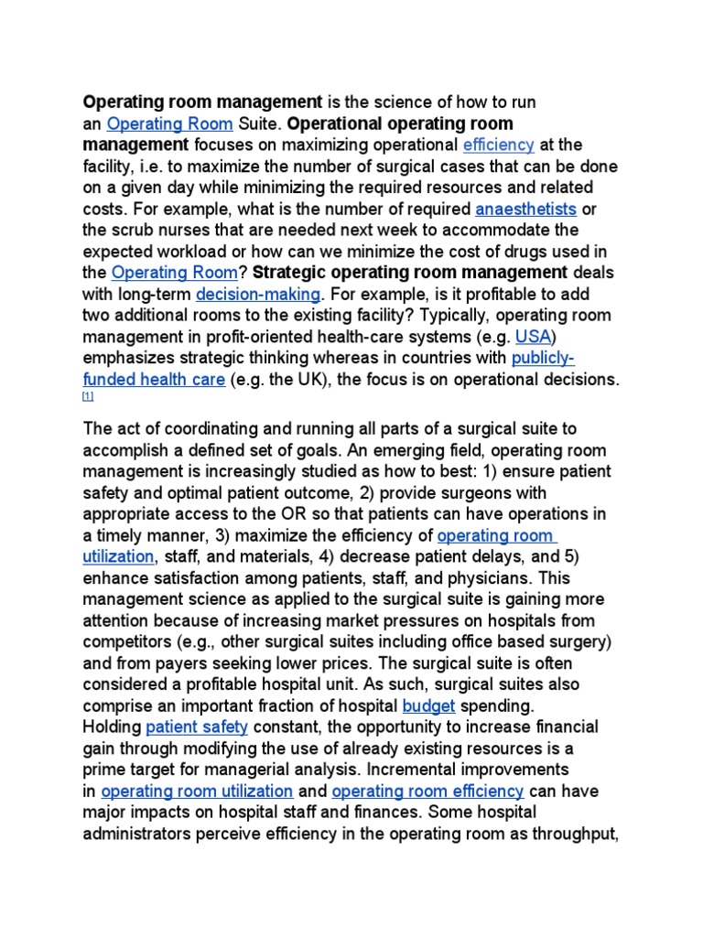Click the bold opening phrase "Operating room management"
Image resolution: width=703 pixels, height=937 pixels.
[x=202, y=102]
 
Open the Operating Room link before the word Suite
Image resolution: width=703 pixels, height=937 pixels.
[x=170, y=124]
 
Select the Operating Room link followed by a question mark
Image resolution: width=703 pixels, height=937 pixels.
[x=174, y=273]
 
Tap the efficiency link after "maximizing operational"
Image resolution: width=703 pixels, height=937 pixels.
[x=498, y=145]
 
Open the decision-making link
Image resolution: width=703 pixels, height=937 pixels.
[x=258, y=294]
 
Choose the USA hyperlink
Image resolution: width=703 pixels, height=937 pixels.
[x=532, y=337]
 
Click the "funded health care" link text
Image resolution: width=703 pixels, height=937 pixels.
[x=154, y=380]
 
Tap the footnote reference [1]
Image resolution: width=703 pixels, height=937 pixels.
[x=88, y=396]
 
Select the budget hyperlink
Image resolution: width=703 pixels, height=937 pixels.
[x=428, y=705]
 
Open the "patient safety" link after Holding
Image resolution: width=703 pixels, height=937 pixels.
[x=197, y=727]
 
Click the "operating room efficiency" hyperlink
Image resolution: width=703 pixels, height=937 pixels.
[x=427, y=791]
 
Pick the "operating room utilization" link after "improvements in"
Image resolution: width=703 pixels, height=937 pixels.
[x=197, y=791]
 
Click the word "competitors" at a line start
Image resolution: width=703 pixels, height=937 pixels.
[x=124, y=641]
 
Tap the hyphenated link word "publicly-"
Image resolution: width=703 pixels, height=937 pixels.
[x=543, y=358]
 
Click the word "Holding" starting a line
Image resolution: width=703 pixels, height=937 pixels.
[x=112, y=727]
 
